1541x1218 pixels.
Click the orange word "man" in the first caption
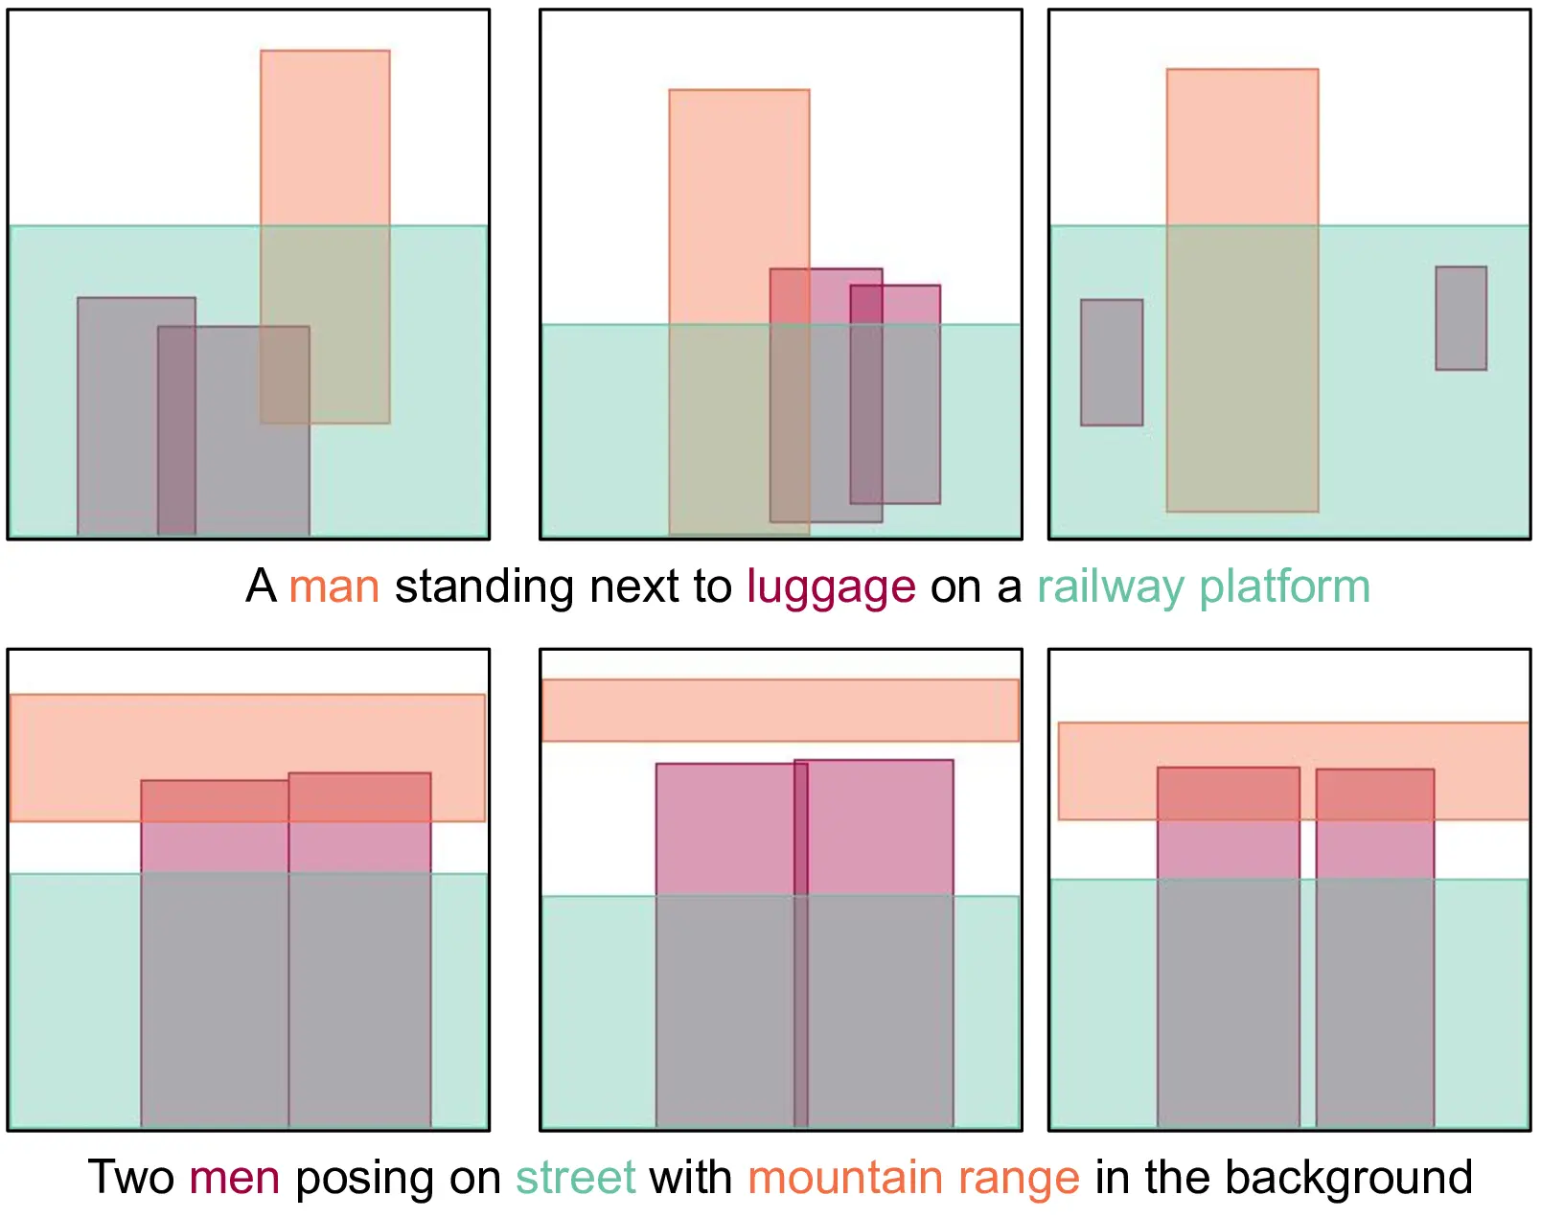tap(334, 586)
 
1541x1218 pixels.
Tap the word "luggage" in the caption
tap(831, 586)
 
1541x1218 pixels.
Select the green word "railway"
tap(1110, 586)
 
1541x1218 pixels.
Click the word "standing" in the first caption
tap(484, 586)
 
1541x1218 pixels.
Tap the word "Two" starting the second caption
tap(131, 1178)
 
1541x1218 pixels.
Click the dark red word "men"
tap(235, 1178)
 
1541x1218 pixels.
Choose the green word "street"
tap(576, 1178)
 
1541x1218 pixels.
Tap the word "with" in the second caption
tap(691, 1178)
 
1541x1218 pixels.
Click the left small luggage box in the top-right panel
tap(1112, 362)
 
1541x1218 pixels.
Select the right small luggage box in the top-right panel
tap(1460, 318)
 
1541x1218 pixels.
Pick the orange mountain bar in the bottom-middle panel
tap(780, 710)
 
